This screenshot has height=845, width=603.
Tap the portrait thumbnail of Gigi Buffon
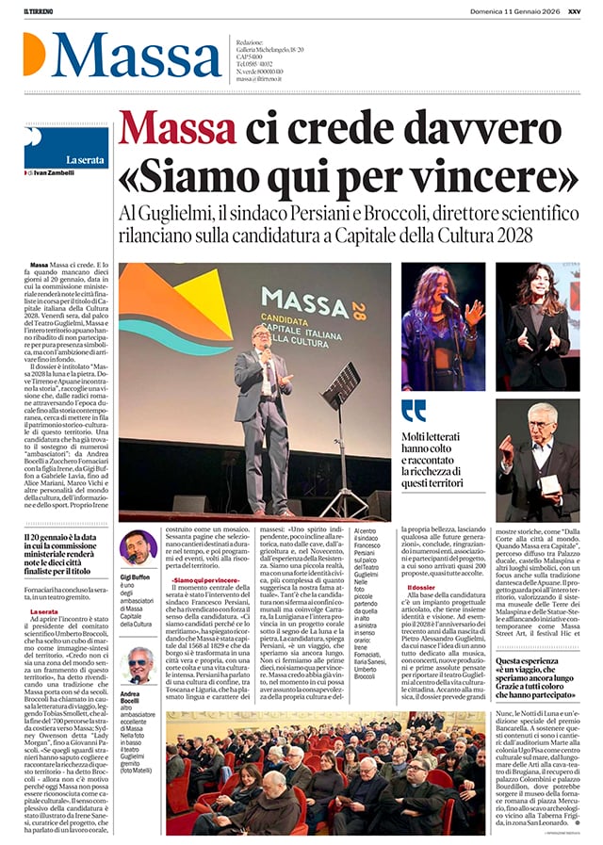(138, 547)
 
